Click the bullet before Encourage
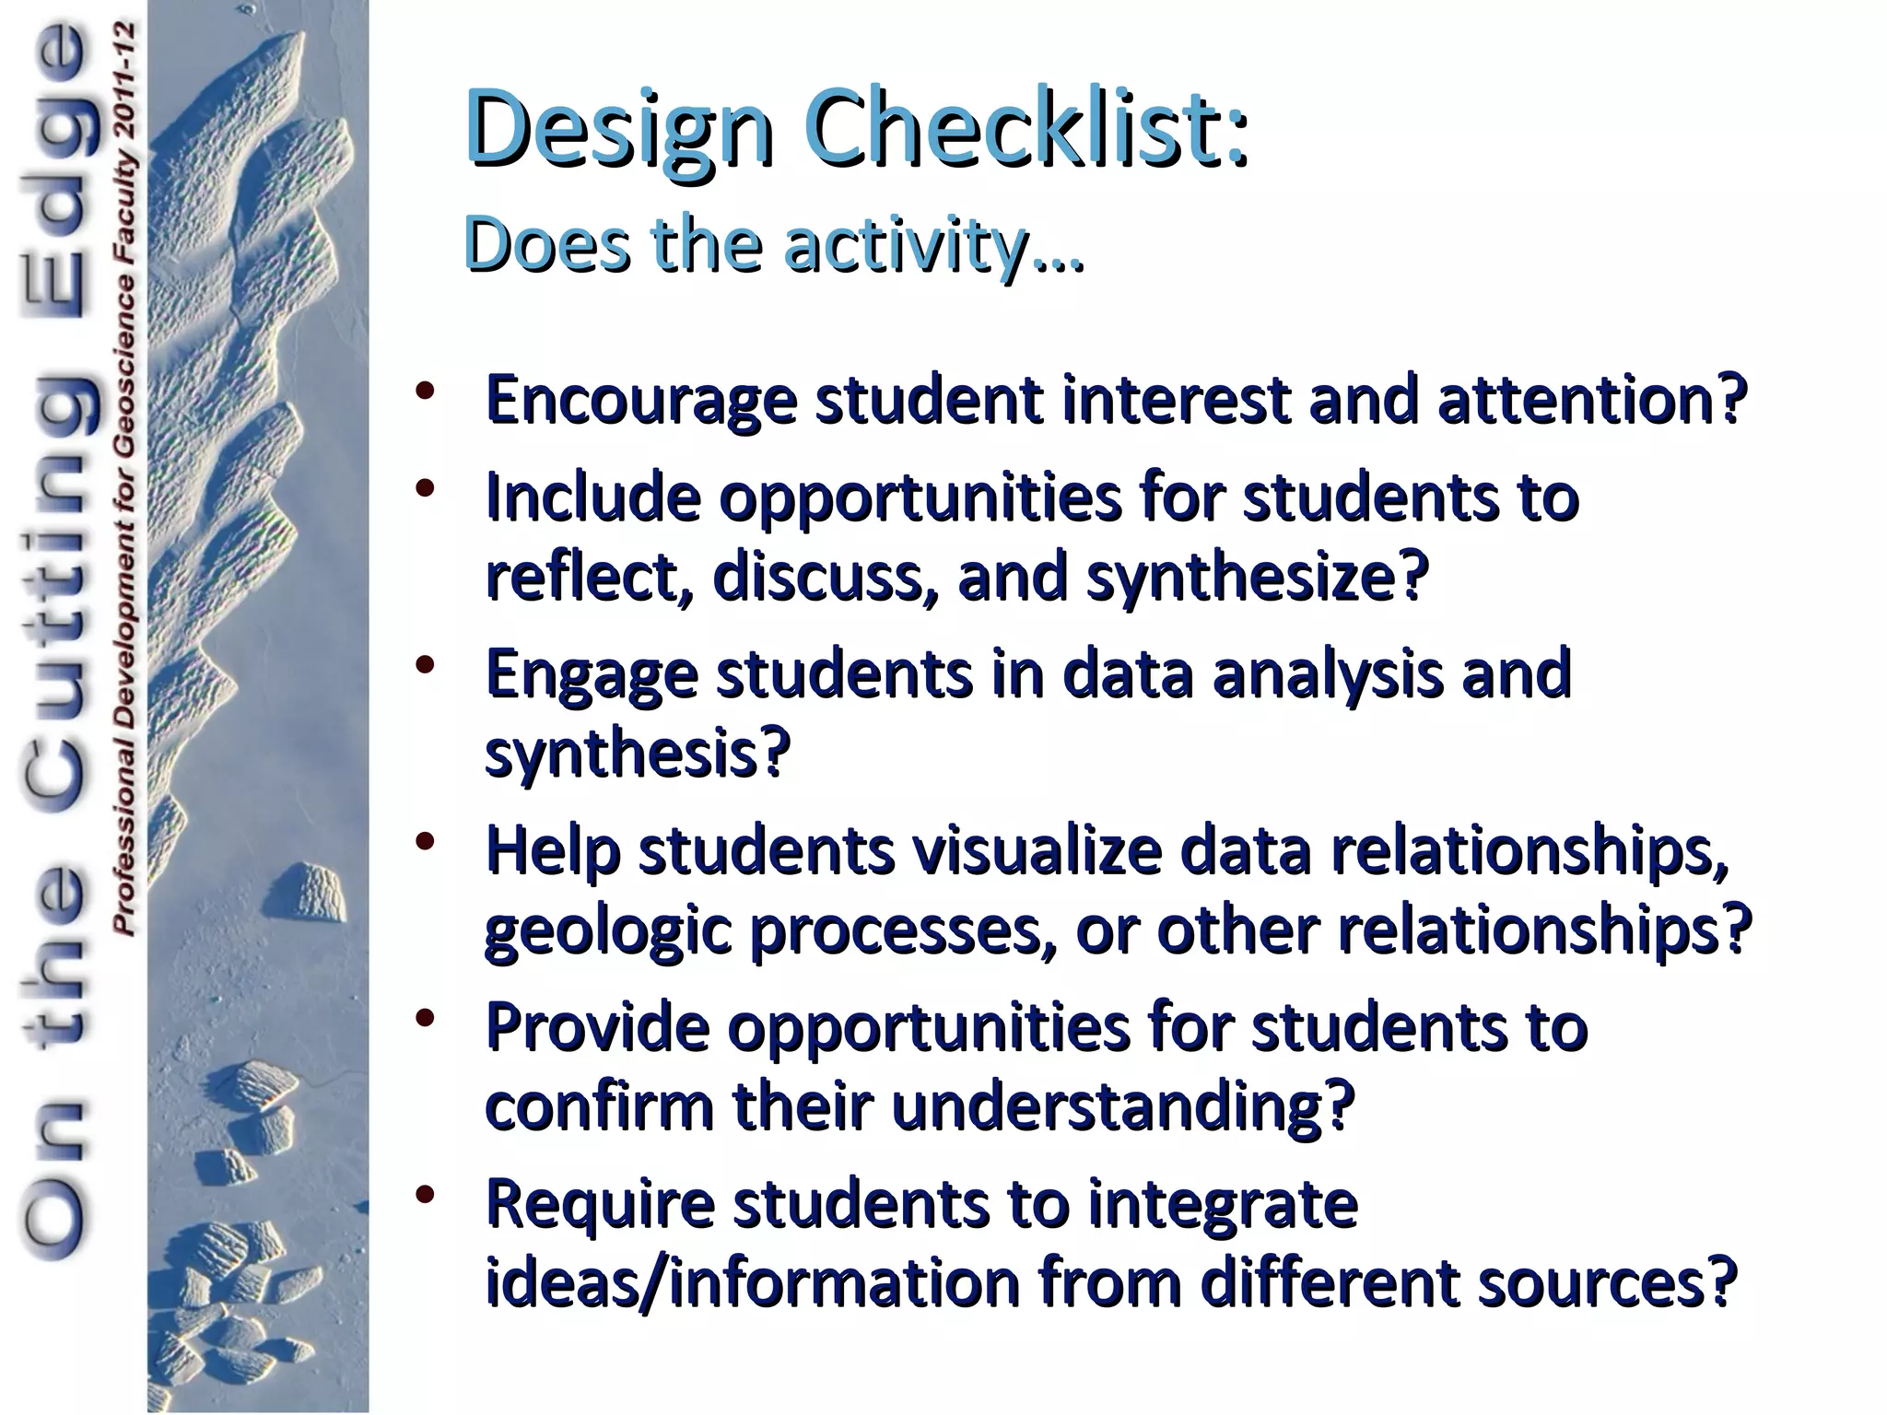[424, 391]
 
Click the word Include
[592, 497]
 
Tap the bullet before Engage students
[424, 664]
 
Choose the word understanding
[1122, 1106]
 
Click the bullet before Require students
[424, 1195]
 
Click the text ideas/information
[752, 1283]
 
